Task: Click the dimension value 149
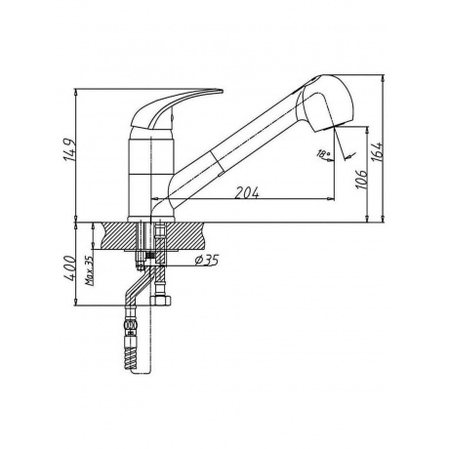69,150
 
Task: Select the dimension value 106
362,179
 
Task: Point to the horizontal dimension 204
247,192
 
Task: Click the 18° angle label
323,154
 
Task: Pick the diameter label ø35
207,260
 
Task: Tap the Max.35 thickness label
89,270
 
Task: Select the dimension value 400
69,268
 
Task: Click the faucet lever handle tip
222,91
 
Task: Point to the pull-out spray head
325,103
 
